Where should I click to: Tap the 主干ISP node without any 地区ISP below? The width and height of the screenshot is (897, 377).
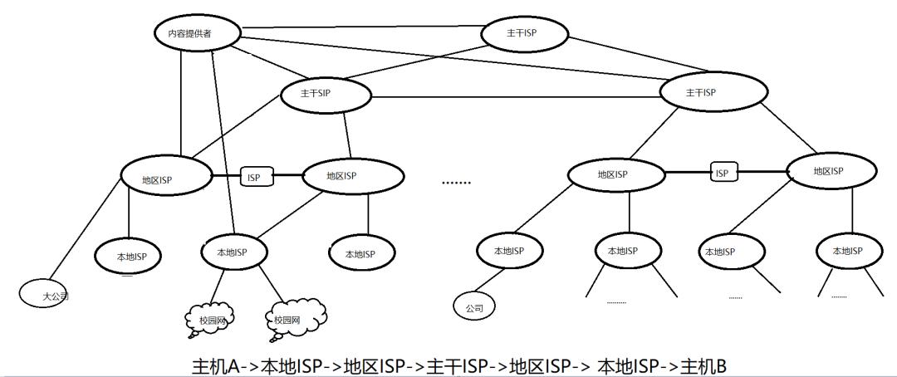point(525,34)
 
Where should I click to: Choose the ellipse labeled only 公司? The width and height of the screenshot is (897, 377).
point(474,307)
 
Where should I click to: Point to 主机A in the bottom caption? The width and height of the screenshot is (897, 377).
point(215,366)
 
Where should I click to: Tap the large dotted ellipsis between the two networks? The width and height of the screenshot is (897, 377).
point(455,182)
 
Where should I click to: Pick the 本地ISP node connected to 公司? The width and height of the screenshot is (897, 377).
point(508,251)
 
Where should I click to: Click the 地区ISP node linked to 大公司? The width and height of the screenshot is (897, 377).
point(162,178)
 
